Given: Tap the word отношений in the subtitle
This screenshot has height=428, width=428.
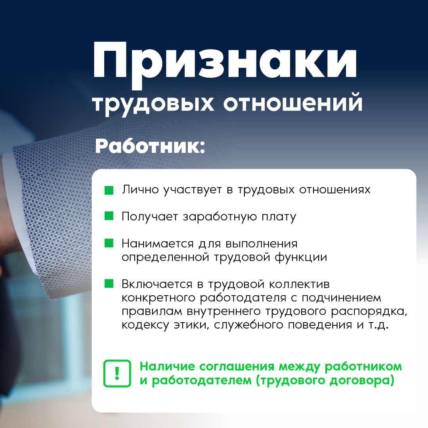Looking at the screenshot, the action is coord(293,103).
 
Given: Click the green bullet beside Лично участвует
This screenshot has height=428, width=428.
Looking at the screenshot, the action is coord(109,190).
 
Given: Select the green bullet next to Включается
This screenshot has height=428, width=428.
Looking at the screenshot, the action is coord(109,283).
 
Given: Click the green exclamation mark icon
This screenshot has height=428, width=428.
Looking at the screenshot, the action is coord(117,373).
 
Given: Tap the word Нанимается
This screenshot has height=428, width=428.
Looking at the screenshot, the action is coord(157,243).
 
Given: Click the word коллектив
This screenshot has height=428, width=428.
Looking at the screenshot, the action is coord(300,284).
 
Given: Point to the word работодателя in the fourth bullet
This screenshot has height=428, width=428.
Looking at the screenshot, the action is coord(243,298).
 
